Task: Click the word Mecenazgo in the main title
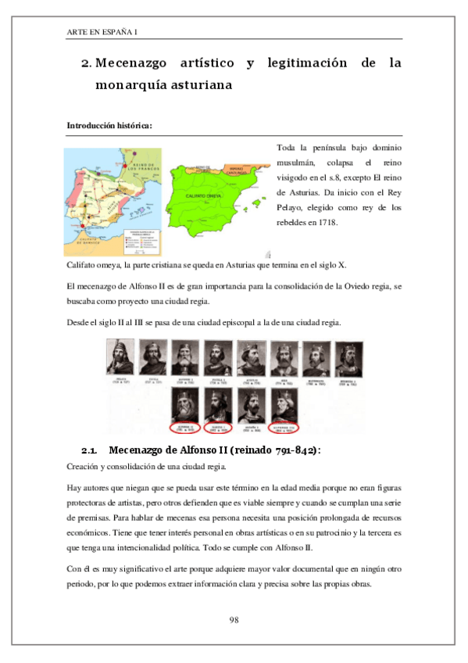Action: [141, 63]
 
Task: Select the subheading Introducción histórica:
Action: [109, 125]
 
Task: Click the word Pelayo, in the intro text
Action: [291, 208]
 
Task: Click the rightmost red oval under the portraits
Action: [283, 428]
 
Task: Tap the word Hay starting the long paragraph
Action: [75, 486]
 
